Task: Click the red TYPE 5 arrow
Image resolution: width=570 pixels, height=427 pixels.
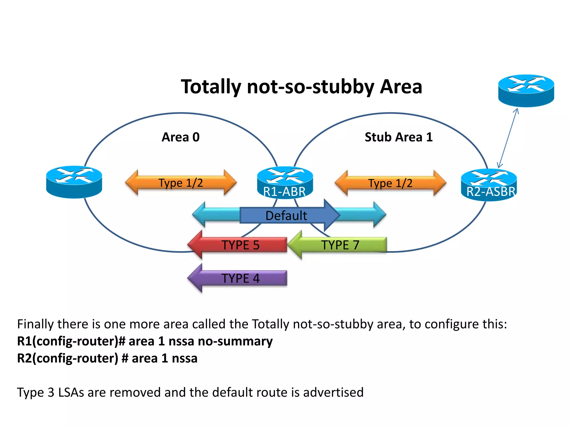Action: pos(239,245)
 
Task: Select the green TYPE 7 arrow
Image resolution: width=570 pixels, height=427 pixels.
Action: pos(340,245)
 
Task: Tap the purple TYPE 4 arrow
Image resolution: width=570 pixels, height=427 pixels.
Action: pos(239,278)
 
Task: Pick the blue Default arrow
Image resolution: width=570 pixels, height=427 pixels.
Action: pos(287,215)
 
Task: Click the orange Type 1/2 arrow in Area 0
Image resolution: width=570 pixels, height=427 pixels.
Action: pos(181,183)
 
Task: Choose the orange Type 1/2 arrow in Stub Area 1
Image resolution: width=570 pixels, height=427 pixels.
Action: pos(390,183)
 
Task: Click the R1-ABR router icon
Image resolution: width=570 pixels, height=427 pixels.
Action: pos(285,182)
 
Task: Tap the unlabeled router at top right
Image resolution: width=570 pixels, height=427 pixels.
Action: pos(526,90)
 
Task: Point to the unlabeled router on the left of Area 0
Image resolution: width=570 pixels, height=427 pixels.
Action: pos(74,182)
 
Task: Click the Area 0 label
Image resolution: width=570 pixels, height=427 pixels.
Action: pos(181,137)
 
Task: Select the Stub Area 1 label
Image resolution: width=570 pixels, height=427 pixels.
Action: pos(399,137)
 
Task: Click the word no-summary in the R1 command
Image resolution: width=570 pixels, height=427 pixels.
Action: pos(235,341)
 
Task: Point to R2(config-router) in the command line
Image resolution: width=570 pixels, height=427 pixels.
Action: pos(68,358)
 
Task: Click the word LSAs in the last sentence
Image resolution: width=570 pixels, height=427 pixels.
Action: pos(71,392)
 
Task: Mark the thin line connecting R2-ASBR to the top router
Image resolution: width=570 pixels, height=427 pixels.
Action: pos(508,138)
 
